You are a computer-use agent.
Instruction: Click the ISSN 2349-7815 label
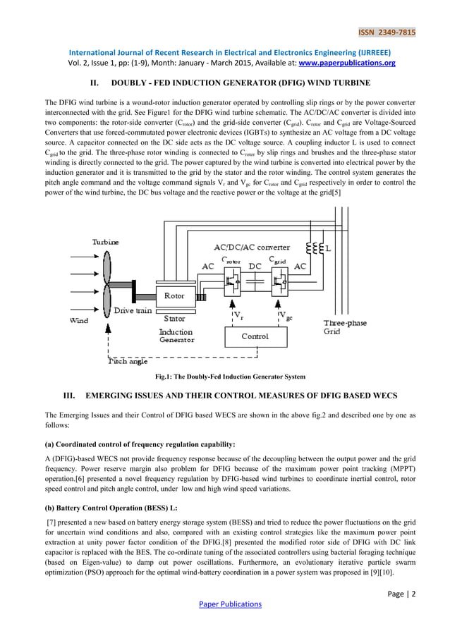point(387,32)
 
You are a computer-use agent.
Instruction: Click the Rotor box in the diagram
point(174,296)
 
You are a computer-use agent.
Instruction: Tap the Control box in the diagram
point(255,336)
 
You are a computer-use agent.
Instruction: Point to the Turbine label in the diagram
point(106,242)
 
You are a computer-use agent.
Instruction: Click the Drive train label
point(133,310)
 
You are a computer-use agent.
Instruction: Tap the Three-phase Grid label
point(345,327)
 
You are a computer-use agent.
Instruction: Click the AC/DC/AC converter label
point(251,247)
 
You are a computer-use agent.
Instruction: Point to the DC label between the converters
point(256,267)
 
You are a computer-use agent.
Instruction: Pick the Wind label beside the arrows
point(78,320)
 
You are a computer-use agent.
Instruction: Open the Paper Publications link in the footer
point(230,604)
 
